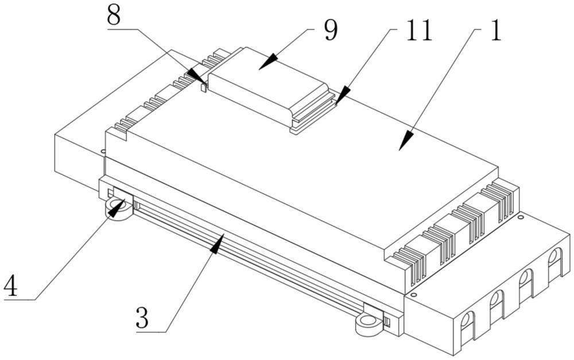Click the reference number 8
coord(114,16)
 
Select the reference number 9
coord(331,30)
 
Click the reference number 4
coord(10,286)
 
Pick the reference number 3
coord(142,318)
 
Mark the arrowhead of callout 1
coord(406,141)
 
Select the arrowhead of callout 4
coord(117,208)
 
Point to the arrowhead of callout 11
coord(342,96)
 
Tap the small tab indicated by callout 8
coord(204,87)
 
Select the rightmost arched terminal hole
coord(554,258)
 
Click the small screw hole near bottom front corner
coord(413,294)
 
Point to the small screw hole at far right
coord(521,217)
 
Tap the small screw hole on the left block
coord(103,150)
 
